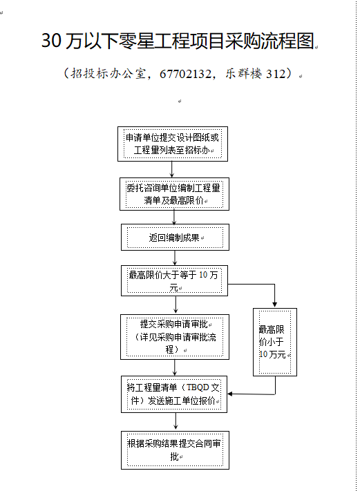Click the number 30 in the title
51,41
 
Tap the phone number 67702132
185,74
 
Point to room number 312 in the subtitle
276,74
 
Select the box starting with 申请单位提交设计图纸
173,144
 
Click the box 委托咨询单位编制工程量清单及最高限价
174,194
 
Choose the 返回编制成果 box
175,237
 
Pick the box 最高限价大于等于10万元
174,280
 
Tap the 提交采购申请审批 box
175,337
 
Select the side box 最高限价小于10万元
275,342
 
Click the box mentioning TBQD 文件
174,394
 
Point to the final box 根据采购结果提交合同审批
175,450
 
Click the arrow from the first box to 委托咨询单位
171,169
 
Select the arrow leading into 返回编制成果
174,218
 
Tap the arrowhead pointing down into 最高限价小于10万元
275,304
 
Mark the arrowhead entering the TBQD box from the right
230,394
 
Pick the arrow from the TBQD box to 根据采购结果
176,422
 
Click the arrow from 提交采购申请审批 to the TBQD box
175,367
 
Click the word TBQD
198,387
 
